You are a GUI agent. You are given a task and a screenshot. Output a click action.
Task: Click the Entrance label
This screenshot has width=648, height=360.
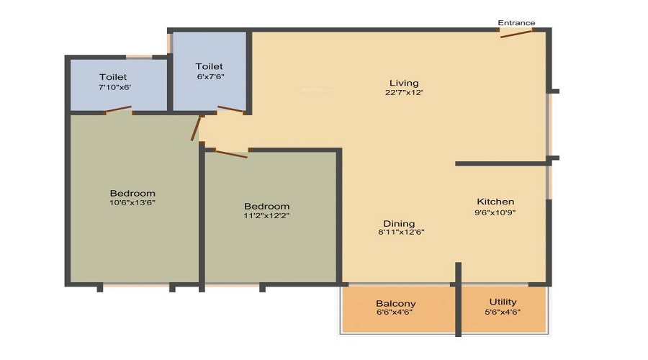coord(516,23)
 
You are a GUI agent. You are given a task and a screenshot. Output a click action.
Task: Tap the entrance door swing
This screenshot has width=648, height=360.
coord(516,34)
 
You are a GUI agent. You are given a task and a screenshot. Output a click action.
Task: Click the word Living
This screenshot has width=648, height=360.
coord(404,83)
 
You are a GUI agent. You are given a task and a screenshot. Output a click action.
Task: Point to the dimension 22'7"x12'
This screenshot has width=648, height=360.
coord(404,93)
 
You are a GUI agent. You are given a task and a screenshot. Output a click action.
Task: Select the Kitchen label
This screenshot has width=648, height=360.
coord(495,202)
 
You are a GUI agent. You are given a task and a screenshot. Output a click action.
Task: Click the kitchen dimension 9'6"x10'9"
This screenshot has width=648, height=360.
coord(495,212)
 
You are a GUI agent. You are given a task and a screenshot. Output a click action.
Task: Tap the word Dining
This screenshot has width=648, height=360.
coord(399,224)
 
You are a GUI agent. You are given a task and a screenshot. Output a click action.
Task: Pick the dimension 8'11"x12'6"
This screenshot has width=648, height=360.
coord(401,233)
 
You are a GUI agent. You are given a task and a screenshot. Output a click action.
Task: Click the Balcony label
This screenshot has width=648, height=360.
coord(395,304)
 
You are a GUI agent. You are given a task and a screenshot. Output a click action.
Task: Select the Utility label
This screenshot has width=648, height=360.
coord(503,302)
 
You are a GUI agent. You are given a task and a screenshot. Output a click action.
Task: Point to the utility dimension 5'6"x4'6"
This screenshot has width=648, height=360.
coord(503,312)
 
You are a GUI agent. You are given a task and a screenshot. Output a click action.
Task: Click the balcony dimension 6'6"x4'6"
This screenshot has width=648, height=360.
coord(395,312)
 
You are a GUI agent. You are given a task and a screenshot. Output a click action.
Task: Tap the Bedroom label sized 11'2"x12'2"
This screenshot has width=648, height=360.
coord(266,206)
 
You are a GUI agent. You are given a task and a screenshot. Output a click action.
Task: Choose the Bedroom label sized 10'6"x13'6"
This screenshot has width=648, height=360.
coord(132,194)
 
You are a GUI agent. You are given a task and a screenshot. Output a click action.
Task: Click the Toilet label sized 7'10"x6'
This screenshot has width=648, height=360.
coord(113,77)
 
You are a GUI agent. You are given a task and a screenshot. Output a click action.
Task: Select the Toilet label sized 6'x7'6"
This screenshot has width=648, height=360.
coord(209,66)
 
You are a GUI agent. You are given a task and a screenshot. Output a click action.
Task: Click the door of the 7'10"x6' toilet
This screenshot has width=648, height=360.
coord(118,109)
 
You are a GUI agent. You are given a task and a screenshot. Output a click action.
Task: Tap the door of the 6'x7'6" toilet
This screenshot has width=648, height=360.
coord(231,109)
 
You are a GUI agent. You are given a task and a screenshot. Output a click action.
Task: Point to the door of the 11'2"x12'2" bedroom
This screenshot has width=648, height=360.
coord(230,154)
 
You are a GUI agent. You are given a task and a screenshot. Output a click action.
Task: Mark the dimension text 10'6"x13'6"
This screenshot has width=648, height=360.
coord(132,203)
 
